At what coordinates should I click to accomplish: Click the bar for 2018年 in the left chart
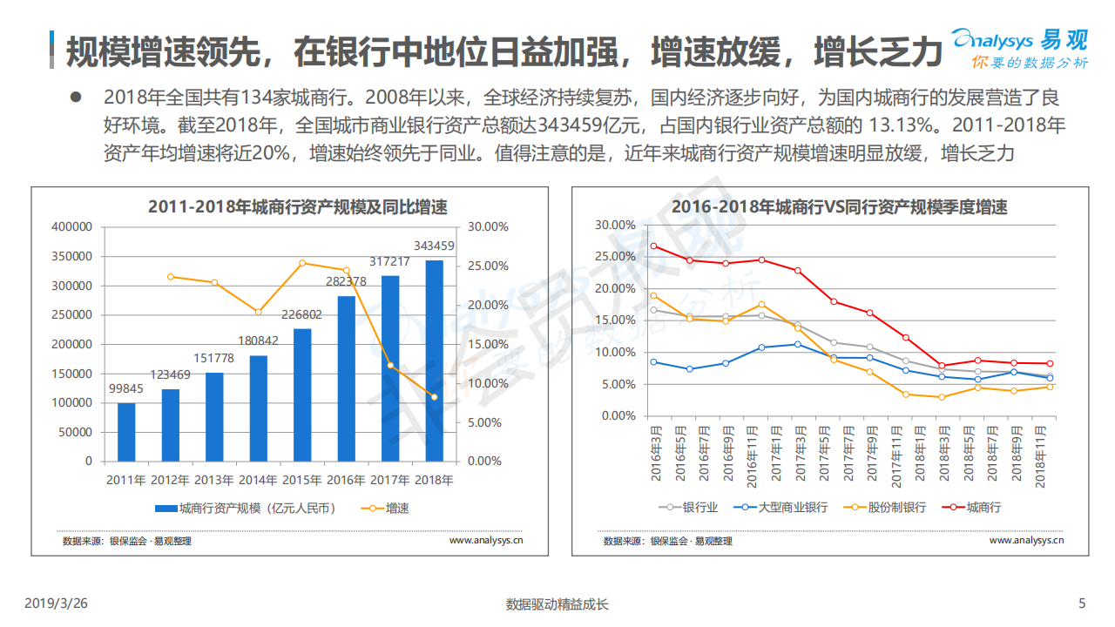click(x=434, y=361)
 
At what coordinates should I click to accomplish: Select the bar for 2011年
click(x=126, y=432)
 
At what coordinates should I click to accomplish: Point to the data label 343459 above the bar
click(x=434, y=246)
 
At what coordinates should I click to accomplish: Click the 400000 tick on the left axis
click(x=72, y=226)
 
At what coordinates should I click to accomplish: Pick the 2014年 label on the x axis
click(x=258, y=480)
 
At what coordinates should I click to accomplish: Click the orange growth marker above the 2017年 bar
click(x=390, y=366)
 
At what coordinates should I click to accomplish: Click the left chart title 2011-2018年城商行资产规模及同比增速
click(x=297, y=207)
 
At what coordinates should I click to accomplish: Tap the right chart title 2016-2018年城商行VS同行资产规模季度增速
click(x=839, y=207)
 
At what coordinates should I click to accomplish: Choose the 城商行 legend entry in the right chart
click(x=974, y=507)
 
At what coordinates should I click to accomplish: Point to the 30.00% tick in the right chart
click(x=615, y=225)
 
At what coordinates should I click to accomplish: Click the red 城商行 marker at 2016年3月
click(x=654, y=246)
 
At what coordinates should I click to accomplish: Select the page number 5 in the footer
click(x=1083, y=603)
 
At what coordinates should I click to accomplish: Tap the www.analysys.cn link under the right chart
click(x=1026, y=541)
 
